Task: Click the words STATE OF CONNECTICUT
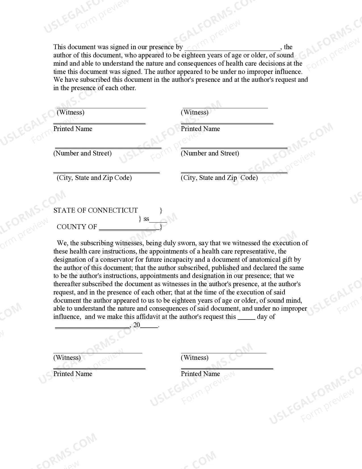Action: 95,210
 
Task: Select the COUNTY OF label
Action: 77,227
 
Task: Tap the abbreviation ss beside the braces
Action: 146,219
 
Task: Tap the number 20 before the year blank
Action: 137,325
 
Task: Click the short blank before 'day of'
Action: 246,319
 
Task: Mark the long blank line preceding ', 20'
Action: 92,327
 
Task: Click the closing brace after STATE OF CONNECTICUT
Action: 161,211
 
